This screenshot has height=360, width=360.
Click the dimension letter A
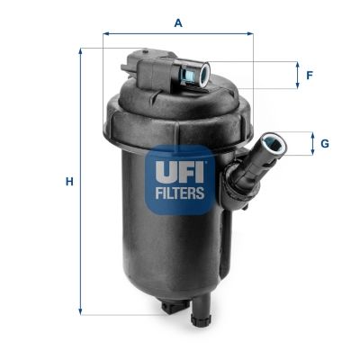click(178, 22)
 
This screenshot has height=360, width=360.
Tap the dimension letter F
click(310, 75)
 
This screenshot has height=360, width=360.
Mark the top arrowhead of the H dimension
click(81, 52)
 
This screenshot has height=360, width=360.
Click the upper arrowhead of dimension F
click(296, 64)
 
